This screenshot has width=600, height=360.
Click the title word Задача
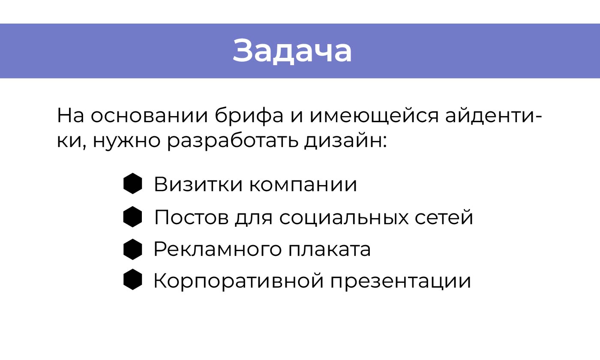pyautogui.click(x=292, y=51)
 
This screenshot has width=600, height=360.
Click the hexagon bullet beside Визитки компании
pyautogui.click(x=132, y=184)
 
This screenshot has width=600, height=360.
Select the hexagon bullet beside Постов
pyautogui.click(x=132, y=217)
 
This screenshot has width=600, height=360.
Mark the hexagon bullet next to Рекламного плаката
pyautogui.click(x=132, y=249)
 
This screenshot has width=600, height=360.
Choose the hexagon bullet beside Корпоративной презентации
pyautogui.click(x=132, y=280)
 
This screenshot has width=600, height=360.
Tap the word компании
pyautogui.click(x=302, y=185)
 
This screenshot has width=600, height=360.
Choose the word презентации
pyautogui.click(x=401, y=281)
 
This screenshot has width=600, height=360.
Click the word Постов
pyautogui.click(x=191, y=217)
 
